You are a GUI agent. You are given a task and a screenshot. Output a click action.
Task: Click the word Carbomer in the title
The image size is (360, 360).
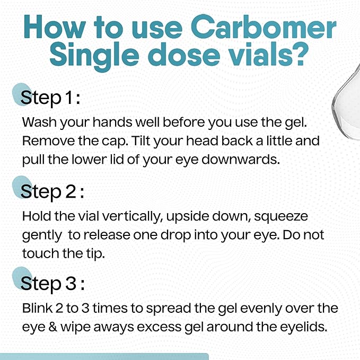pyautogui.click(x=264, y=27)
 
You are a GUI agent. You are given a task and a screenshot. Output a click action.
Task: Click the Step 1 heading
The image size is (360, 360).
pyautogui.click(x=50, y=98)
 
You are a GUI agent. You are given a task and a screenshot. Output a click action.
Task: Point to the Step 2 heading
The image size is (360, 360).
pyautogui.click(x=52, y=192)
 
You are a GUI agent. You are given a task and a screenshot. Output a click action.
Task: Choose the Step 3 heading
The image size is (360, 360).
pyautogui.click(x=52, y=283)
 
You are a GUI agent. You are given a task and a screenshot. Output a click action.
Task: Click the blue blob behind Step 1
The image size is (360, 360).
pyautogui.click(x=22, y=94)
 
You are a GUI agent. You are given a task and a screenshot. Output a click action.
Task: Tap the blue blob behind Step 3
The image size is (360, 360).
pyautogui.click(x=22, y=278)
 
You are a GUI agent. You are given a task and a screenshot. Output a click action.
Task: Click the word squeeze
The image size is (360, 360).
pyautogui.click(x=281, y=217)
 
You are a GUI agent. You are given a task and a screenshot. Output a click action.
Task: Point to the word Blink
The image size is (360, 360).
pyautogui.click(x=37, y=308)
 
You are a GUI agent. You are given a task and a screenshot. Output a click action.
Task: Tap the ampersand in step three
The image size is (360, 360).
pyautogui.click(x=53, y=327)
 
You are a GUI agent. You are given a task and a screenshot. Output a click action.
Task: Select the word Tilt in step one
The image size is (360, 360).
pyautogui.click(x=141, y=141)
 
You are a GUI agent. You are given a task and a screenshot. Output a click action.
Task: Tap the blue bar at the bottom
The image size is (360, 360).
pyautogui.click(x=104, y=357)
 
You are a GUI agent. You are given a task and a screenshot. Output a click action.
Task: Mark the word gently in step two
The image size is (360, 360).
pyautogui.click(x=42, y=236)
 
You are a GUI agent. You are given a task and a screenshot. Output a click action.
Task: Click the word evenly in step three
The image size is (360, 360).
pyautogui.click(x=261, y=309)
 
